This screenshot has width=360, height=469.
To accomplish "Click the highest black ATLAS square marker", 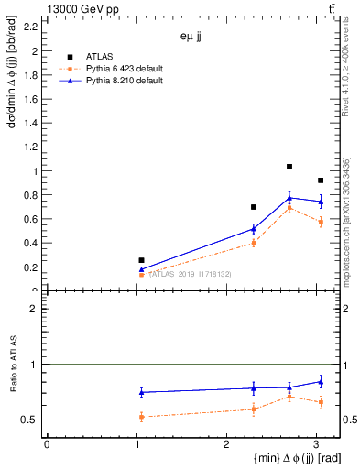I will coord(289,167).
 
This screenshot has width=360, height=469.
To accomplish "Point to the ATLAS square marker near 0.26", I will coord(141,260).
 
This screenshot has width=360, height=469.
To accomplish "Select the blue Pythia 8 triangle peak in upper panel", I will coord(289,198).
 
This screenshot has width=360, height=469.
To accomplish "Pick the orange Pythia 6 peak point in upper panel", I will coord(289,209).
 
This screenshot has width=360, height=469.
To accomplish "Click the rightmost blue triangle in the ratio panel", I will coord(321,381).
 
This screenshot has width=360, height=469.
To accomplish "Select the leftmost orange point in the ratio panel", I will coord(141,417).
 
